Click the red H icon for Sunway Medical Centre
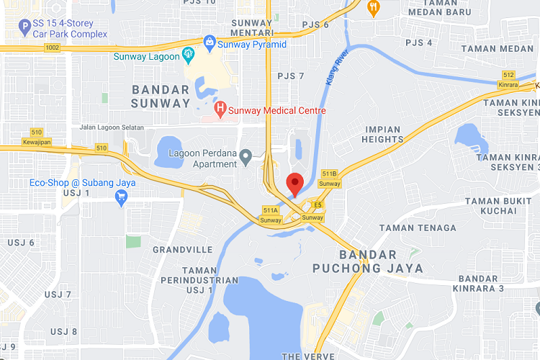click(220, 110)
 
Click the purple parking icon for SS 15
click(27, 29)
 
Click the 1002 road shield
click(51, 48)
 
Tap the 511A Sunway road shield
click(271, 215)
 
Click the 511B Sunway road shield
click(330, 179)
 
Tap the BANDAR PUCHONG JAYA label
click(368, 261)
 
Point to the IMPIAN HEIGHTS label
click(382, 135)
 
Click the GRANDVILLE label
click(183, 249)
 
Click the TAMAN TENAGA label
click(418, 228)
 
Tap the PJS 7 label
click(291, 76)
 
